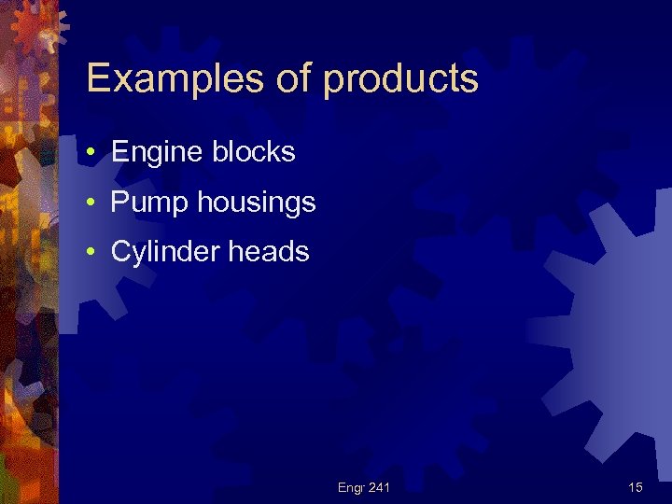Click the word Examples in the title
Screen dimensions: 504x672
click(x=178, y=79)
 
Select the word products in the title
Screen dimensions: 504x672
click(x=401, y=81)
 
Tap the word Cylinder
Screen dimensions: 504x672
click(x=161, y=252)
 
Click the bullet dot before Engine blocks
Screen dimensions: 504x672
click(x=94, y=152)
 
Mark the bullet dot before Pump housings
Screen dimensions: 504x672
click(x=94, y=202)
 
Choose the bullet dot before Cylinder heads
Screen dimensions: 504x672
click(x=94, y=251)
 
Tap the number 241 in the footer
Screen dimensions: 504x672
click(x=379, y=487)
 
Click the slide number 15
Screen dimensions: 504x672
click(x=635, y=487)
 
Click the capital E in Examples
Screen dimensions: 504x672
click(x=98, y=79)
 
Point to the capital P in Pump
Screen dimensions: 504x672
click(x=119, y=202)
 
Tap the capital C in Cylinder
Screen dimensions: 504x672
click(x=119, y=251)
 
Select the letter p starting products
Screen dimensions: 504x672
click(x=334, y=84)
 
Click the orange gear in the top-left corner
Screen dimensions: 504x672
click(x=39, y=26)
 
